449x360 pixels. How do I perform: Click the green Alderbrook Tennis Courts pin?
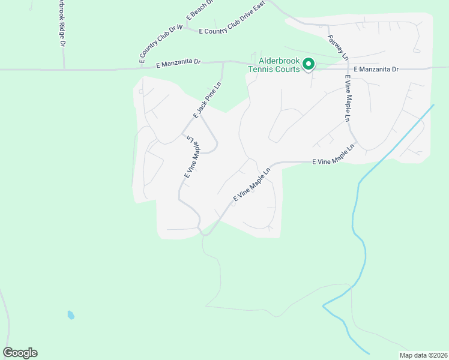(309, 64)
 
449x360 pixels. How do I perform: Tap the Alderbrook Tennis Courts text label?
(274, 65)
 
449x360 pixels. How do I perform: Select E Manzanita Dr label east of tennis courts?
(376, 70)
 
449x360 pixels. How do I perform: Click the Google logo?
(20, 353)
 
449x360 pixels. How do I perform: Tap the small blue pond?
(71, 315)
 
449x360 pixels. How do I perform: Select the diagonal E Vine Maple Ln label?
(251, 184)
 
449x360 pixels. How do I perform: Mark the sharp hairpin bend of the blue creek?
(324, 306)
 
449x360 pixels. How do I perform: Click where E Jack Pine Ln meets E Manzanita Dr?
(223, 62)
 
